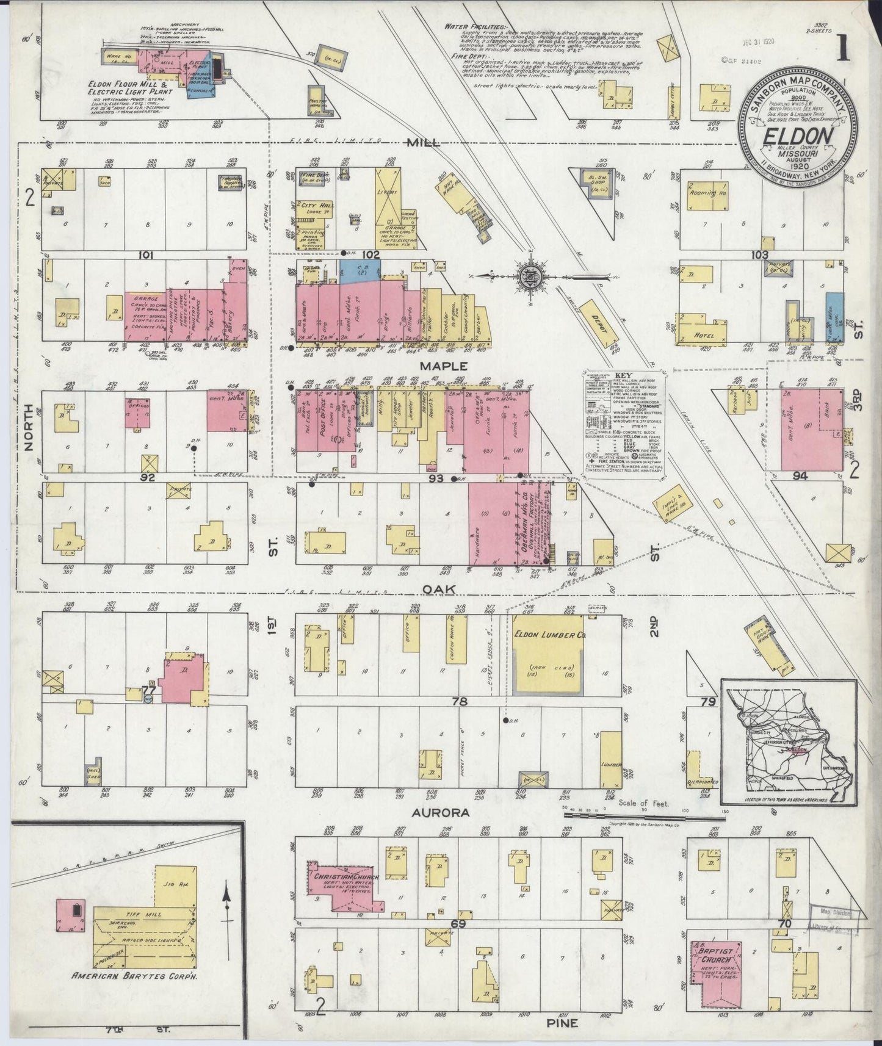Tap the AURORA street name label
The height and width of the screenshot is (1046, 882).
(x=441, y=813)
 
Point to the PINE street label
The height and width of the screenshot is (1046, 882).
(x=562, y=1023)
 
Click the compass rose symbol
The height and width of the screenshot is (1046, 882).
(x=526, y=277)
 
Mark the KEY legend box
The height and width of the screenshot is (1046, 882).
(x=623, y=421)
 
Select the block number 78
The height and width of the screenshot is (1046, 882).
(x=459, y=702)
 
